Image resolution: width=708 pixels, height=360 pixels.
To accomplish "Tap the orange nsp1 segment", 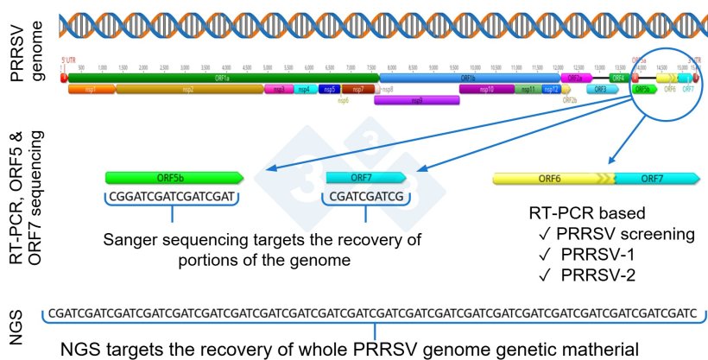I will tap(91, 89).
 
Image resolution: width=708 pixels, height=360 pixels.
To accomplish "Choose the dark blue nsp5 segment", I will tap(328, 89).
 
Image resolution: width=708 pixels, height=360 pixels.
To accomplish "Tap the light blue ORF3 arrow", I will tap(602, 89).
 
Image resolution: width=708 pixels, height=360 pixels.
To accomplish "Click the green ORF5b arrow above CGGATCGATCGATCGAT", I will tap(174, 178).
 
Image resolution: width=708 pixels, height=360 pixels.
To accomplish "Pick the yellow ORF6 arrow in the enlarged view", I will tap(553, 178).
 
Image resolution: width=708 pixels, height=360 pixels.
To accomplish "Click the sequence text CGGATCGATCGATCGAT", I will tap(173, 197).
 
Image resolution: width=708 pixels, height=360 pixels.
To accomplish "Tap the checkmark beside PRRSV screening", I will tap(540, 234).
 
